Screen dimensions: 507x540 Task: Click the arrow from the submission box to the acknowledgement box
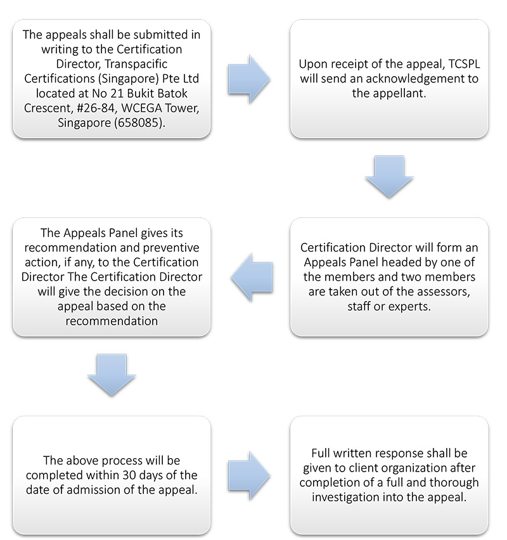(248, 79)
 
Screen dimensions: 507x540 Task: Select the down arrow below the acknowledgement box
(389, 177)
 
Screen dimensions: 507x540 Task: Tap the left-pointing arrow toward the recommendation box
(252, 277)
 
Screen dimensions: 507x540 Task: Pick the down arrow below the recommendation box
(112, 375)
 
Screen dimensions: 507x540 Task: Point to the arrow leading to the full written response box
(248, 475)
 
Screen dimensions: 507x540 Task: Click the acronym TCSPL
(465, 64)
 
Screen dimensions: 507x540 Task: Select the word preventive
(171, 248)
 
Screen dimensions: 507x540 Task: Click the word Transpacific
(136, 64)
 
